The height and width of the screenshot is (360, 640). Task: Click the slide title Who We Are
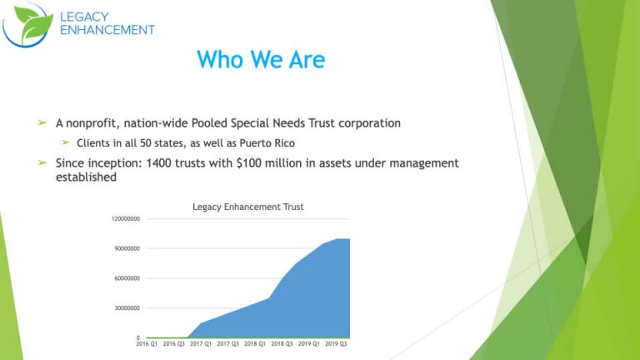coord(260,61)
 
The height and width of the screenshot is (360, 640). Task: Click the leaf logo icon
coord(27,24)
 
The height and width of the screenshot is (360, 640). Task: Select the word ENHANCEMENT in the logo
coord(107,30)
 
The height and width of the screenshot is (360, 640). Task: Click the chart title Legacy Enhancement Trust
coord(247,207)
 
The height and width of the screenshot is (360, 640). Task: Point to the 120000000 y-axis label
coord(124,219)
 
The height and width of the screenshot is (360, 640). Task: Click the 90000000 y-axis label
coord(126,248)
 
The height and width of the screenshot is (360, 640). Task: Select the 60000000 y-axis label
coord(126,278)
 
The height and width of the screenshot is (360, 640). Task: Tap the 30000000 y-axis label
coord(126,308)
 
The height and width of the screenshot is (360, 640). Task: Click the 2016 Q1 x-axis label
coord(147,343)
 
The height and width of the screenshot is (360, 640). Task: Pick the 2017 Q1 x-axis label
coord(201,343)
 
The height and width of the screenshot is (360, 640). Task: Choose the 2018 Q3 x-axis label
coord(282,343)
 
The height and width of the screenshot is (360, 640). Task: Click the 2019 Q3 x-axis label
coord(336,343)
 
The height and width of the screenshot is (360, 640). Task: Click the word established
coord(85,177)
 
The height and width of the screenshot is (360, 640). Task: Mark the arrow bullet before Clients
coord(64,142)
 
